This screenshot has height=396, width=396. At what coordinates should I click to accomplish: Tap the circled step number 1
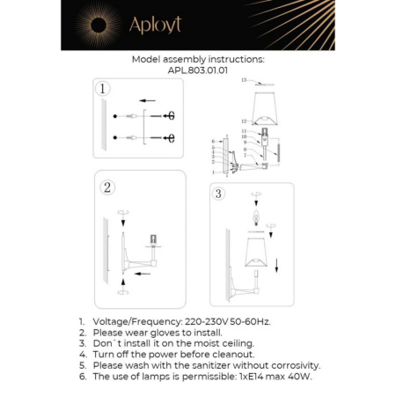pos(104,89)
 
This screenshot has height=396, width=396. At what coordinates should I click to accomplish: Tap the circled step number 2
pos(106,187)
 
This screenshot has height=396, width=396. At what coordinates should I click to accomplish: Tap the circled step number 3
pos(219,194)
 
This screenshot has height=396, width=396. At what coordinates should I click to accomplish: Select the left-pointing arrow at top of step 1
pos(148,101)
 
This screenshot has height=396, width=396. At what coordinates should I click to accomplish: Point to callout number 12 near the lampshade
pos(244,121)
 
